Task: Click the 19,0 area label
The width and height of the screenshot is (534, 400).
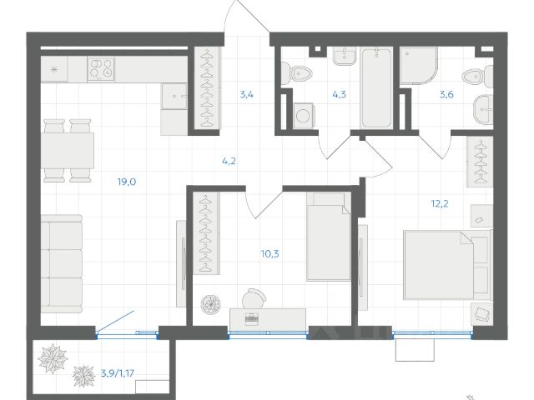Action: pyautogui.click(x=127, y=182)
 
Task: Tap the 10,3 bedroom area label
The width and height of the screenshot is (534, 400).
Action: pyautogui.click(x=270, y=253)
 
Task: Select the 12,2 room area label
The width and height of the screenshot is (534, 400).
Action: pyautogui.click(x=440, y=204)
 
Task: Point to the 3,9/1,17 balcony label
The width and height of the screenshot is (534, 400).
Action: pyautogui.click(x=118, y=373)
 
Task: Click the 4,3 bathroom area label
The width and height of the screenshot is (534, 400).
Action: pyautogui.click(x=340, y=94)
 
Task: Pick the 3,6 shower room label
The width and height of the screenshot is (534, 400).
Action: pyautogui.click(x=446, y=94)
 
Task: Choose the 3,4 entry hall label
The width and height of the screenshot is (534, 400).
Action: pyautogui.click(x=247, y=94)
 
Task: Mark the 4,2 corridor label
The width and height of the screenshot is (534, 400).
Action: pyautogui.click(x=229, y=161)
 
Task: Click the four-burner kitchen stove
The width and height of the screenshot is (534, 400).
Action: pyautogui.click(x=101, y=69)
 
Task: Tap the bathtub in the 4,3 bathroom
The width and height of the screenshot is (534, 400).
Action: pyautogui.click(x=376, y=88)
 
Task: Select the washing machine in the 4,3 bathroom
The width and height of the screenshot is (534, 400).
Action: pyautogui.click(x=303, y=116)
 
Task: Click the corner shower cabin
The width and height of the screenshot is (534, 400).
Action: pyautogui.click(x=418, y=65)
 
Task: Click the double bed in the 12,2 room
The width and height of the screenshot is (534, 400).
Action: pyautogui.click(x=447, y=265)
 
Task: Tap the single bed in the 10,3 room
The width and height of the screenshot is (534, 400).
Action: pyautogui.click(x=328, y=237)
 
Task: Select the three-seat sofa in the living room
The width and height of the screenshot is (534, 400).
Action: pyautogui.click(x=62, y=264)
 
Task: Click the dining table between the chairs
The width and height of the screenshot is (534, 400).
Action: pyautogui.click(x=68, y=150)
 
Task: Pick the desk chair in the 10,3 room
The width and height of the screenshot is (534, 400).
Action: pyautogui.click(x=254, y=298)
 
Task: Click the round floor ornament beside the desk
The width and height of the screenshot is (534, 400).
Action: pyautogui.click(x=210, y=303)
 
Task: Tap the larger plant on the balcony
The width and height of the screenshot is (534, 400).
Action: pyautogui.click(x=53, y=358)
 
